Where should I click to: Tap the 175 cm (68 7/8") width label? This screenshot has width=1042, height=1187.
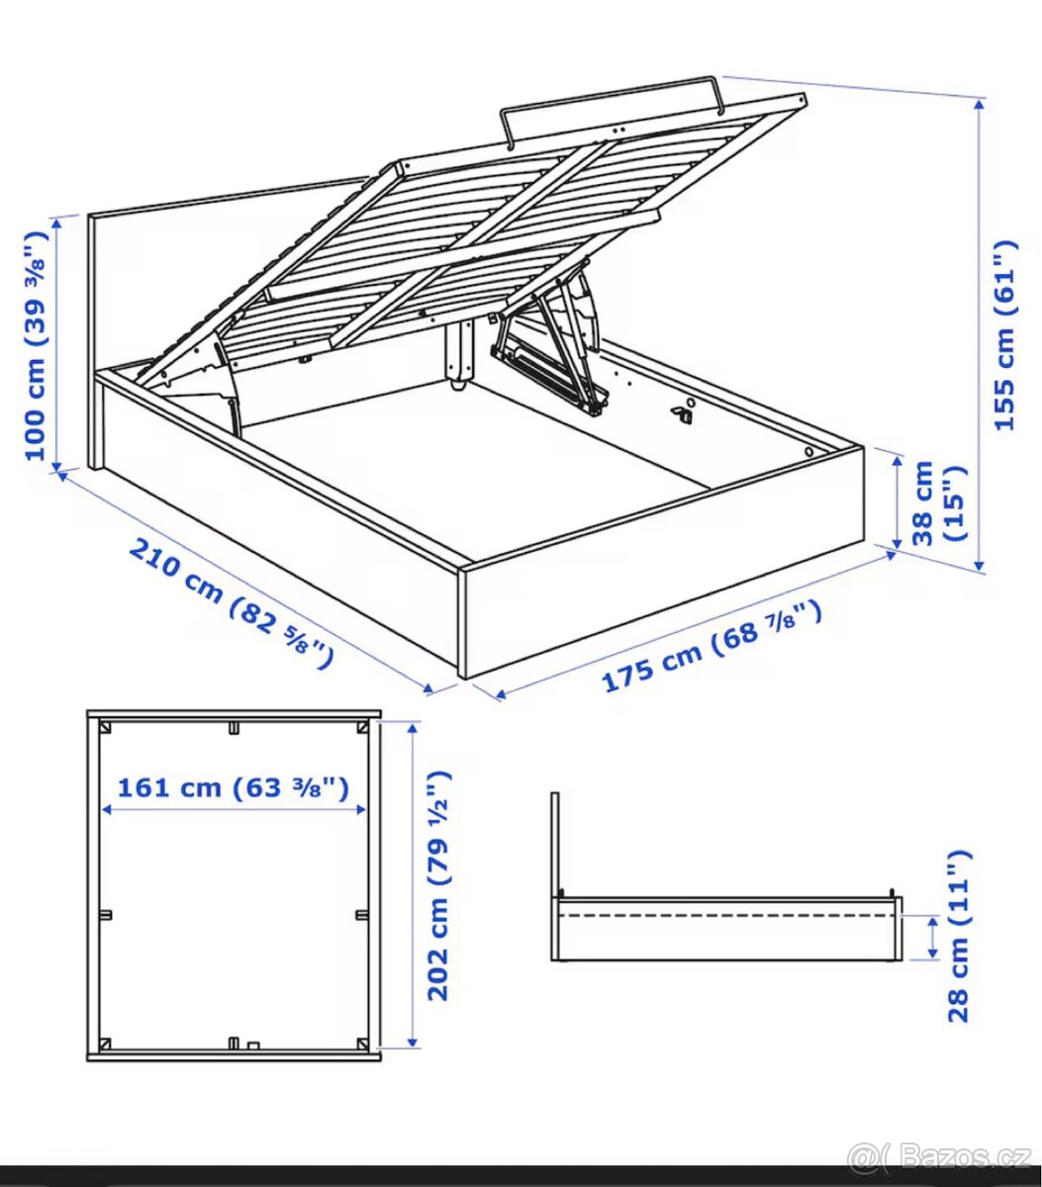point(711,646)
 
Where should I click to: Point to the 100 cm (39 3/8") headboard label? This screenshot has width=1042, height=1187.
point(36,345)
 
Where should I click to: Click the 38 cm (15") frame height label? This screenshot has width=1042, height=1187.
point(937,502)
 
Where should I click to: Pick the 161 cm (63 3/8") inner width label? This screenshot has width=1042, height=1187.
point(233,787)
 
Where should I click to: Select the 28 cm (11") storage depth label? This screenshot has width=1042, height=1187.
point(958,935)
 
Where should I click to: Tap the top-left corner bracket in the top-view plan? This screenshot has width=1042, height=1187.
point(102,727)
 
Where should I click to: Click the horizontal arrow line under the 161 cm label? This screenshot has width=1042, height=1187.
point(234,809)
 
